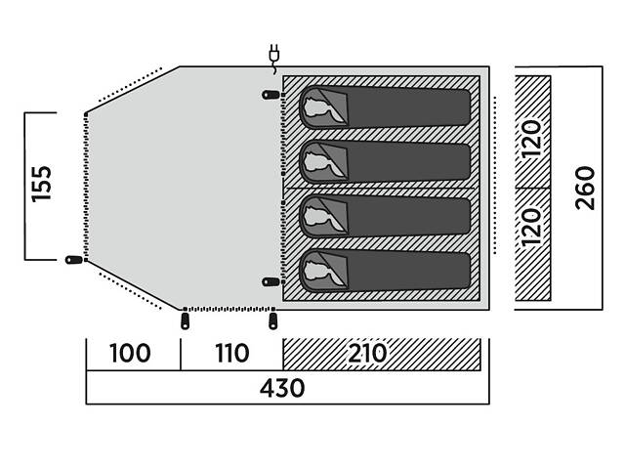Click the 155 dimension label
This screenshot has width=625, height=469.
point(41,186)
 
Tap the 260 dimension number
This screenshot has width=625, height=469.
point(585,187)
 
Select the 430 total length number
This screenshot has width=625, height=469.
point(282,388)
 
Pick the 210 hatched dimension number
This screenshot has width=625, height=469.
point(365,353)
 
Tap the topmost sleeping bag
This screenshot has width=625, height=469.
point(385,106)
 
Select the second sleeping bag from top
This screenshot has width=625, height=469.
point(385,159)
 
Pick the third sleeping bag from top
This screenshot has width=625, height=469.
point(385,215)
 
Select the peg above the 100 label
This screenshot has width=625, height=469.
point(185,320)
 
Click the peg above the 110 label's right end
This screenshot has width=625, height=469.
point(272,320)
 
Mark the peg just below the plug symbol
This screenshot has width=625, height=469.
point(270,95)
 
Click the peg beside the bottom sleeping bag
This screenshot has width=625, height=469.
point(270,281)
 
